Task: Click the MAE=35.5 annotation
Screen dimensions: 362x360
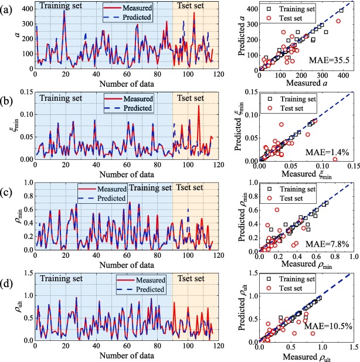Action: (x=327, y=60)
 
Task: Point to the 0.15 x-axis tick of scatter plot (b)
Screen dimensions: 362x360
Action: (x=353, y=166)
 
